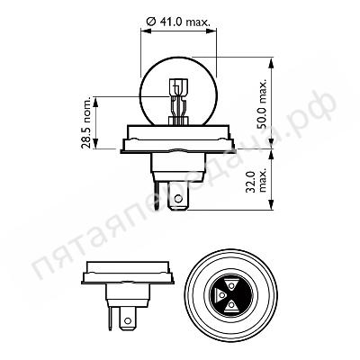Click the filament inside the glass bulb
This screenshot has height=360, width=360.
tap(176, 99)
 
